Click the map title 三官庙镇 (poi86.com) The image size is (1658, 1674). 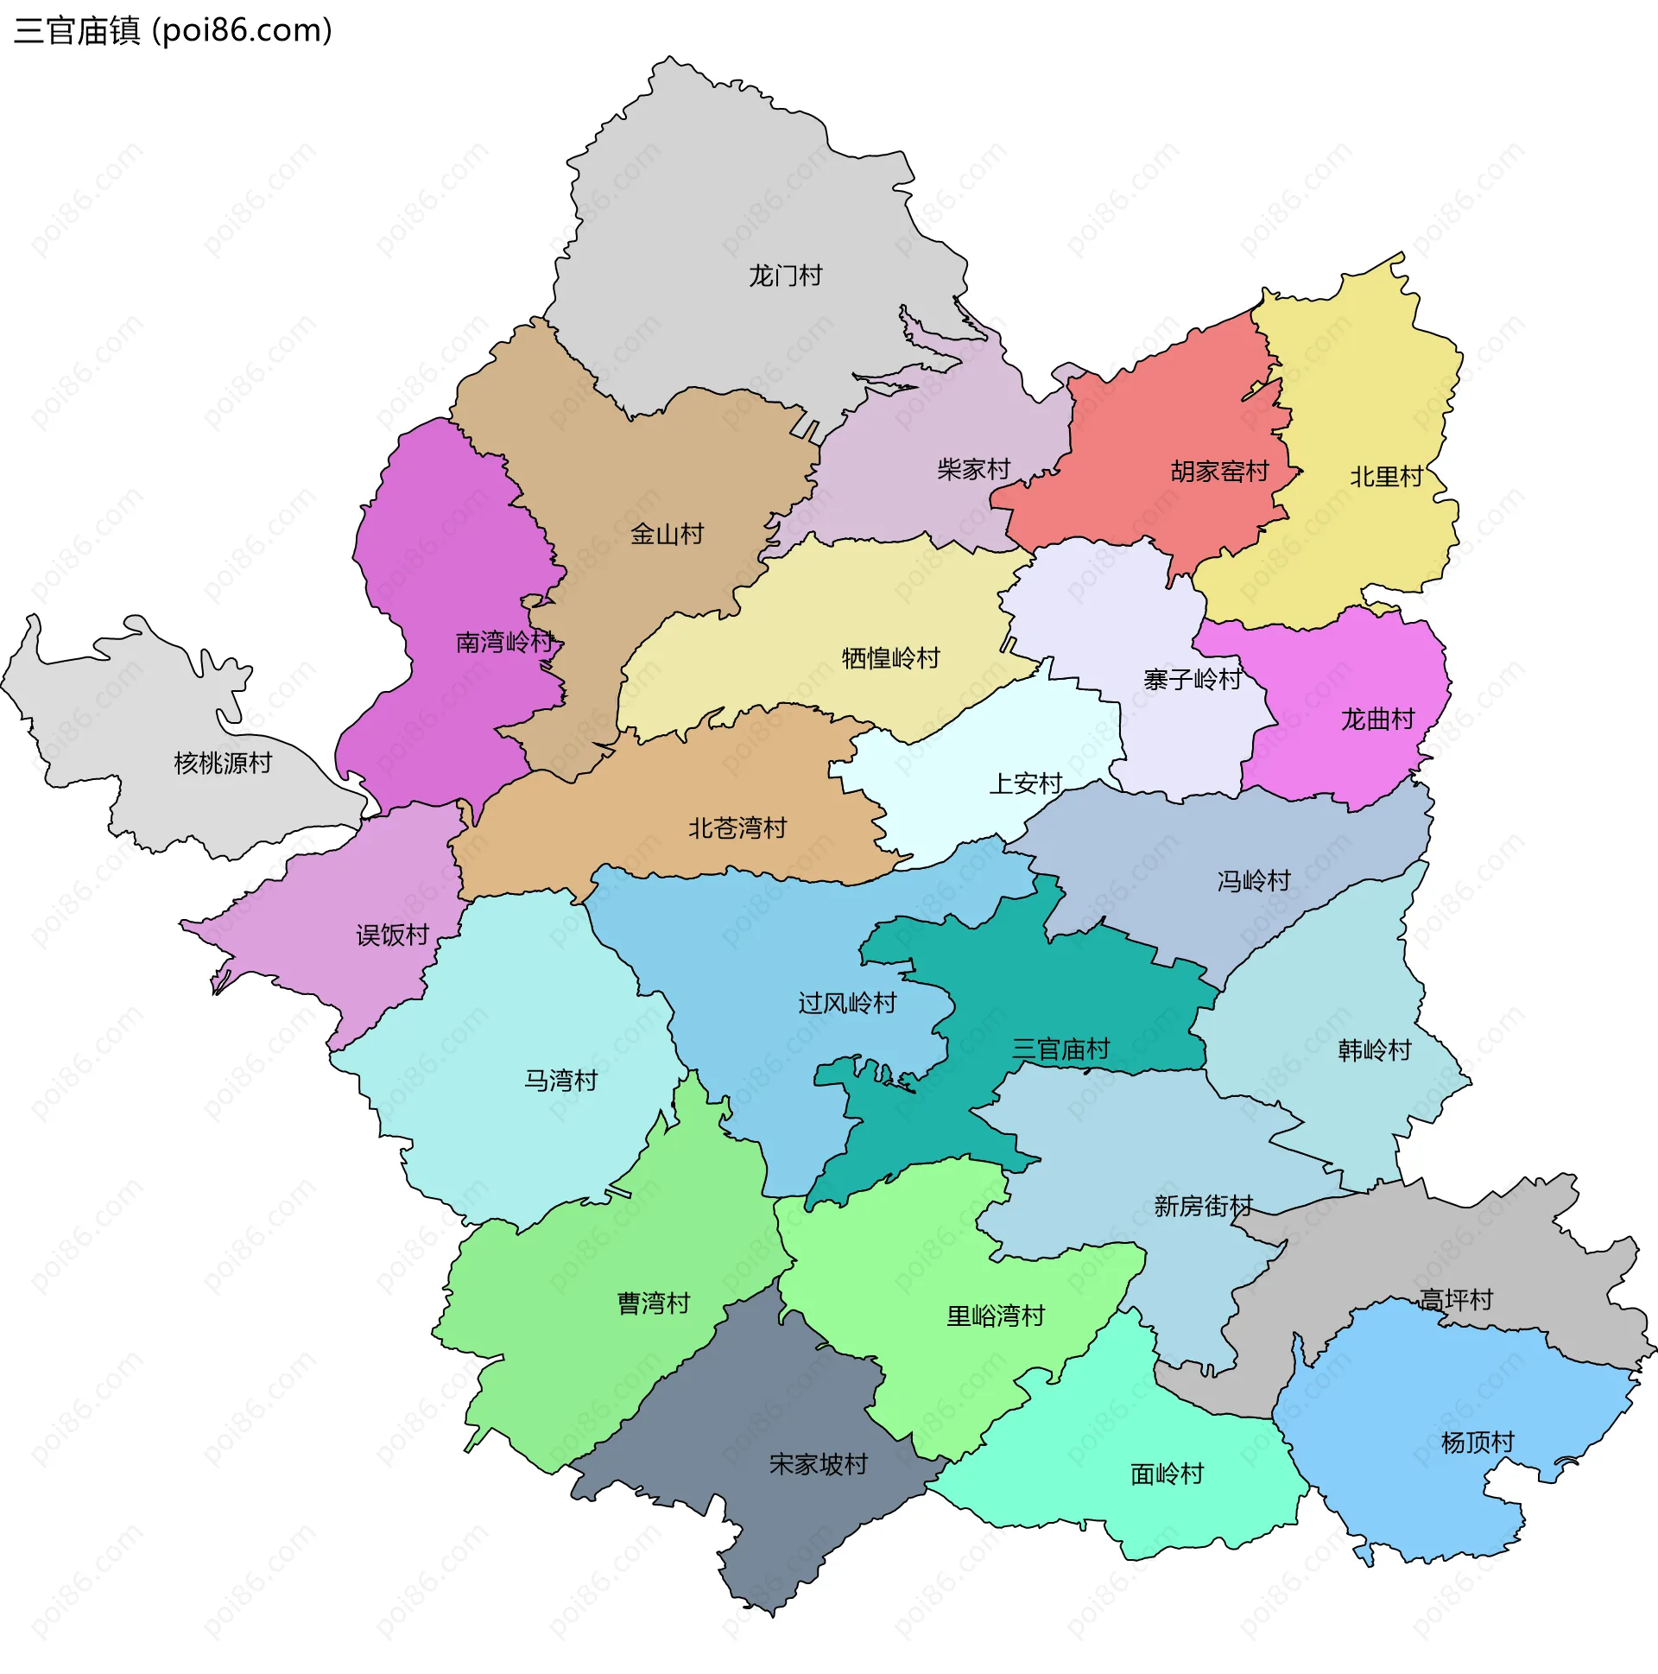[x=174, y=31]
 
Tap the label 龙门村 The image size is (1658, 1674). [x=785, y=276]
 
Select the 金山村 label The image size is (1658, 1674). [x=666, y=534]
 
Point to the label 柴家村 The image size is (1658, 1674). [x=973, y=470]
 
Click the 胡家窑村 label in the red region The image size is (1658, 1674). [x=1218, y=472]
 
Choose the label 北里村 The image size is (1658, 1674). [x=1386, y=477]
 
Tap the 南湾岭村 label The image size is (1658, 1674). [x=504, y=642]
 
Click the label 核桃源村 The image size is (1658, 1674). [x=223, y=764]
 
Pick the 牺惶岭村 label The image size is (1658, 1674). [x=890, y=658]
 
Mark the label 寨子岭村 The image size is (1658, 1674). [x=1192, y=679]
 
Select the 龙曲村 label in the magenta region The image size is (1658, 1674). [x=1377, y=720]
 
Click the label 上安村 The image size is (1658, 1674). [x=1026, y=784]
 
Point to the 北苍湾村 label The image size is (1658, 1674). [x=737, y=828]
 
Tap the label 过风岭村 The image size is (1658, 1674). [x=846, y=1004]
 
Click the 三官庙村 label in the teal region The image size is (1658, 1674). [x=1060, y=1050]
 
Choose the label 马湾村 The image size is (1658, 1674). [x=560, y=1081]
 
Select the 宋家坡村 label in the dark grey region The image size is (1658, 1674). [x=818, y=1464]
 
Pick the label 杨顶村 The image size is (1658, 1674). [x=1477, y=1443]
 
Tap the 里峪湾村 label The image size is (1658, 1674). [x=996, y=1316]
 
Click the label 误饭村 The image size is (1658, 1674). [x=392, y=935]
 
